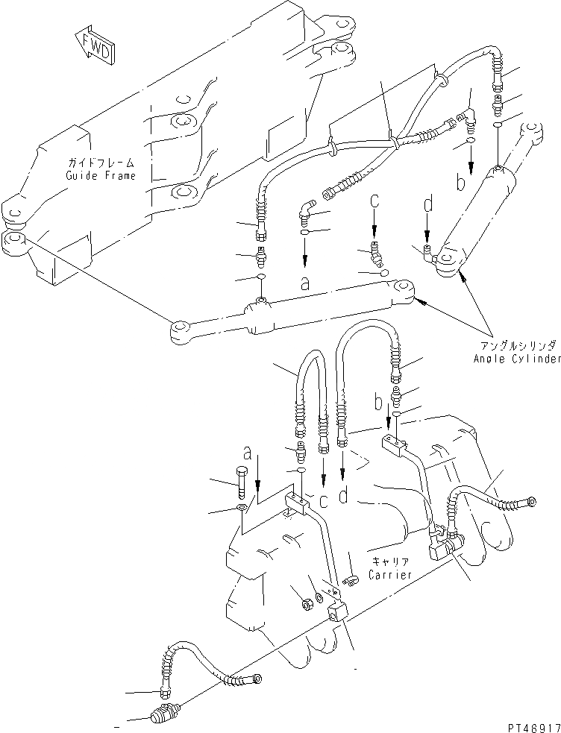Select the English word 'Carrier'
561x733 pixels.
pyautogui.click(x=386, y=575)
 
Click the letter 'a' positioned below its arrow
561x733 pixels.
pyautogui.click(x=304, y=284)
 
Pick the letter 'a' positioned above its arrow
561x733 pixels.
pyautogui.click(x=246, y=453)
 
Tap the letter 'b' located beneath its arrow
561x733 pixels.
pyautogui.click(x=461, y=183)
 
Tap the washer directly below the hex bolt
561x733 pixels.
pyautogui.click(x=240, y=509)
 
